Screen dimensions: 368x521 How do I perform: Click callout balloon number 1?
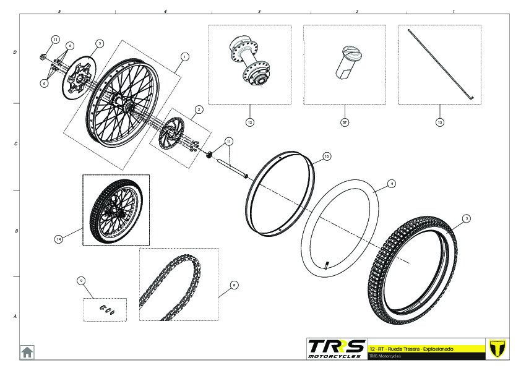point(184,56)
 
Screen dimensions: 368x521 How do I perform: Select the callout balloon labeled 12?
point(250,122)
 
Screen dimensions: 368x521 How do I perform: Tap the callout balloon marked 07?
point(345,122)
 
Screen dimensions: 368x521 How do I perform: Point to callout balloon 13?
point(439,122)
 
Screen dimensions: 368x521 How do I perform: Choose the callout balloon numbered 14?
point(58,239)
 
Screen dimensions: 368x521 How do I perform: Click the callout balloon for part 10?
point(327,156)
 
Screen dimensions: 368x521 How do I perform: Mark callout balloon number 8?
point(234,285)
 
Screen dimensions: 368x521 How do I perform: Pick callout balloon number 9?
point(81,281)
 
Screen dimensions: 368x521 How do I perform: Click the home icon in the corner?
point(27,352)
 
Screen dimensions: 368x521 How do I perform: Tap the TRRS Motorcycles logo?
point(336,348)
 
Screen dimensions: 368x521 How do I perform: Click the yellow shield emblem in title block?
point(497,348)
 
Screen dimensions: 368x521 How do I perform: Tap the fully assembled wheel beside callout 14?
point(116,210)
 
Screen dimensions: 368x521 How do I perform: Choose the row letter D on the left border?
point(15,53)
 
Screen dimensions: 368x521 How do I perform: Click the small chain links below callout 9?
point(105,310)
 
